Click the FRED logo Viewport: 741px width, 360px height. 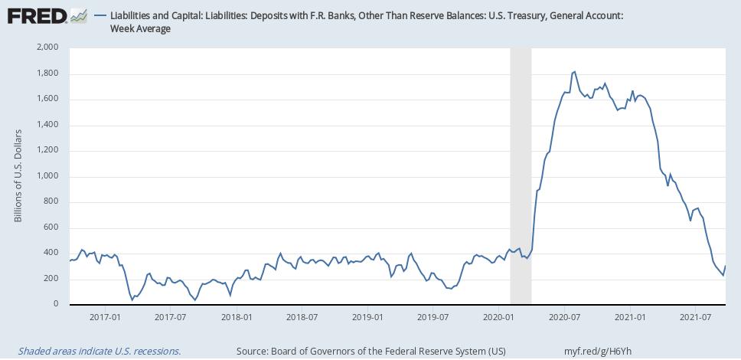tap(36, 15)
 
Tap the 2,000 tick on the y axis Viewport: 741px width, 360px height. tap(47, 47)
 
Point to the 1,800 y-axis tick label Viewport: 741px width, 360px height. tap(47, 74)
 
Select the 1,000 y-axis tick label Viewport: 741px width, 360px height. tap(47, 176)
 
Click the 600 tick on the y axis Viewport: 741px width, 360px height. tap(51, 227)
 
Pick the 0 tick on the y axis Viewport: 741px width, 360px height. tap(56, 304)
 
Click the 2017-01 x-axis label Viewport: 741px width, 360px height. tap(105, 316)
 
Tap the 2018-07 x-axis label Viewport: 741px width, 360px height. tap(302, 316)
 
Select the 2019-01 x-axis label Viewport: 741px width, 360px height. tap(367, 316)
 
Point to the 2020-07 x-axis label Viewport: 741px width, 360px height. tap(563, 316)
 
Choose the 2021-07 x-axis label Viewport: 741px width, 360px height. tap(694, 316)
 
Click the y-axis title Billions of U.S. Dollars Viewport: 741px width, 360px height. tap(18, 176)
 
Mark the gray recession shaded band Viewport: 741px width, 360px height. tap(521, 176)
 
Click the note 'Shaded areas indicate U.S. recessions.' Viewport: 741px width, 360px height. tap(99, 351)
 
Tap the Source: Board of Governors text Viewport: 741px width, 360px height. tap(371, 351)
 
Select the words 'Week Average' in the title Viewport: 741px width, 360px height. tap(141, 29)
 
